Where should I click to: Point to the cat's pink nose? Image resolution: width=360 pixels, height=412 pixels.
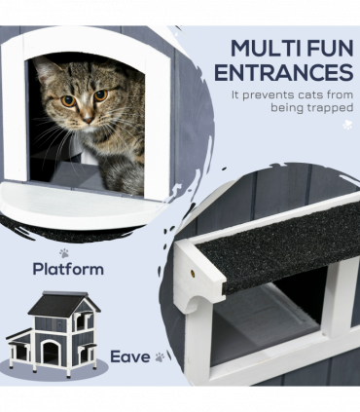[86, 116]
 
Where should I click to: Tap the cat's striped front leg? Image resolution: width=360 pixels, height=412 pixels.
[123, 173]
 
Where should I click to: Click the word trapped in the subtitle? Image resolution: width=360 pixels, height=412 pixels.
[326, 111]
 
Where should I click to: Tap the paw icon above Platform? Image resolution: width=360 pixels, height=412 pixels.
[64, 251]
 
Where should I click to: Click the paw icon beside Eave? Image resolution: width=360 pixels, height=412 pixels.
[159, 357]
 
